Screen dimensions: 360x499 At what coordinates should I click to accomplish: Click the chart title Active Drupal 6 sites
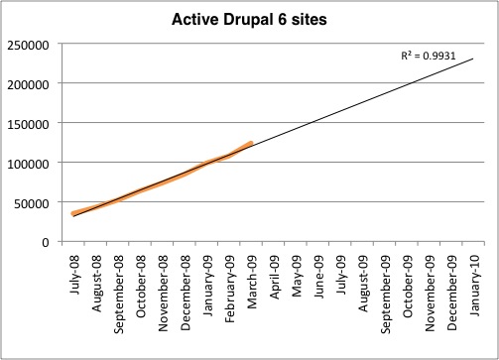249,19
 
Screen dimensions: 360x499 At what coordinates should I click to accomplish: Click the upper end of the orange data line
252,143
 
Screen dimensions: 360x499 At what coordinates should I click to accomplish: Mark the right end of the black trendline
473,59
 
